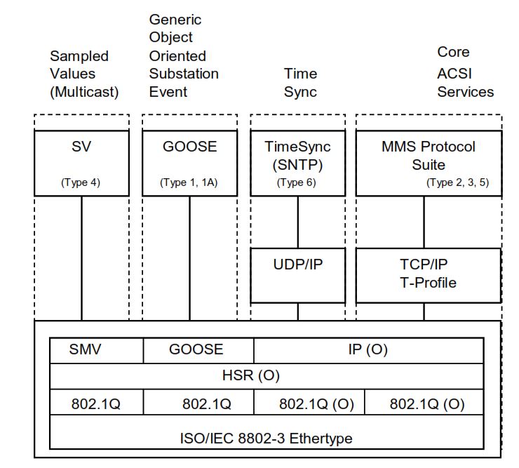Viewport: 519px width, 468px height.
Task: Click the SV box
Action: click(x=81, y=162)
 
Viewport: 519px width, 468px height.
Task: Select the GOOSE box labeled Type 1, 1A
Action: click(x=189, y=162)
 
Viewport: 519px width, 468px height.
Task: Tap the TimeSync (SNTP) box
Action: click(x=297, y=162)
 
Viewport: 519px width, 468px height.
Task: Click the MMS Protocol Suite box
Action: click(x=429, y=162)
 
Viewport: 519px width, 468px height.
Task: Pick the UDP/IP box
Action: click(x=297, y=274)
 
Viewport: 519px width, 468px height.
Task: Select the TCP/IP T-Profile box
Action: click(x=429, y=274)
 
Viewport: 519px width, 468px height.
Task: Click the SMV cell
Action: click(x=85, y=349)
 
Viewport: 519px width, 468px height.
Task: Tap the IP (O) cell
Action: click(x=368, y=349)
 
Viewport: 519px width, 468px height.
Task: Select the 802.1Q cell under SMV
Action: click(x=96, y=405)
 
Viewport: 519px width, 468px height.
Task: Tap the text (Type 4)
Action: click(x=81, y=182)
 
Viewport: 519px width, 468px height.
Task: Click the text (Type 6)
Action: click(x=297, y=182)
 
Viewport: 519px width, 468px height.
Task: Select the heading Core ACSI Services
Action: click(x=465, y=72)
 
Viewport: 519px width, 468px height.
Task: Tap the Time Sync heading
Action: click(x=300, y=83)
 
